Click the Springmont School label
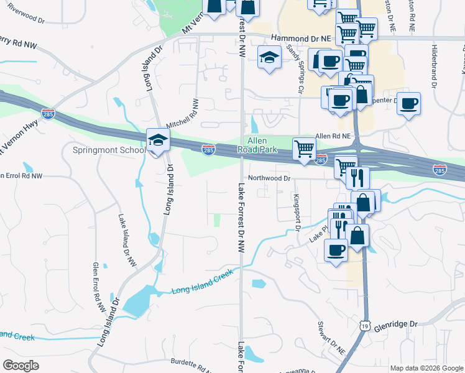(109, 150)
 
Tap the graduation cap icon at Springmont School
(158, 140)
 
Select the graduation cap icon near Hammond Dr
(270, 58)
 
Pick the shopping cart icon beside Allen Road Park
(303, 149)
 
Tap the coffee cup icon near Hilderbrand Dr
(409, 103)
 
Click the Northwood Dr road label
(269, 178)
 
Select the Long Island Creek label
(202, 282)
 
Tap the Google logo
(21, 365)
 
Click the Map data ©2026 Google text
(426, 368)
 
